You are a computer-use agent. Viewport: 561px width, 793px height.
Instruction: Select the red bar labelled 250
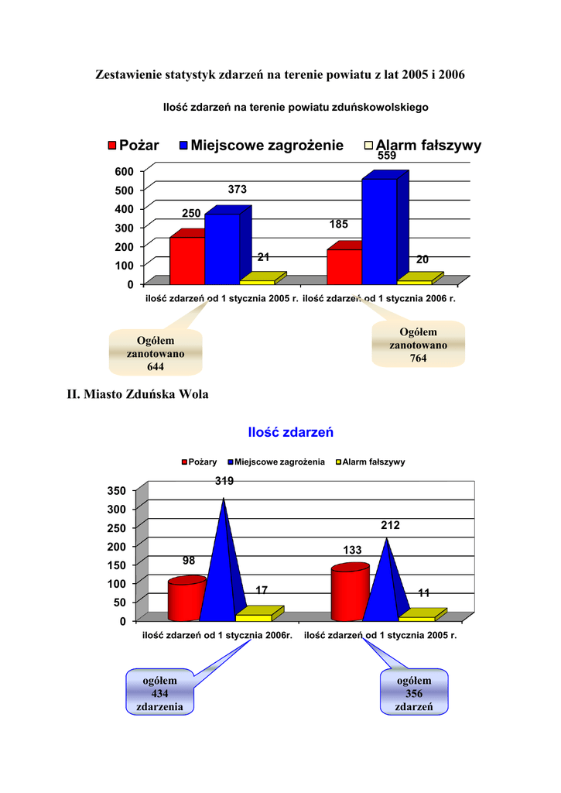tap(186, 260)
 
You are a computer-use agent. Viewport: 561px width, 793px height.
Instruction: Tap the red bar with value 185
tap(344, 266)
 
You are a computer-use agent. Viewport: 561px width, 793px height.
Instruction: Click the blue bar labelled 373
tap(222, 249)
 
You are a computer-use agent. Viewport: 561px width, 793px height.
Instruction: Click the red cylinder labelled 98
tap(185, 600)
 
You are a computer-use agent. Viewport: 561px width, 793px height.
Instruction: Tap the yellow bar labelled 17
tap(255, 617)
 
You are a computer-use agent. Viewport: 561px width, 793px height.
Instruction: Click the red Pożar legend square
tap(112, 146)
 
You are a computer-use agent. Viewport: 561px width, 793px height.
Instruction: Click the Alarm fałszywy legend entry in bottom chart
tap(370, 462)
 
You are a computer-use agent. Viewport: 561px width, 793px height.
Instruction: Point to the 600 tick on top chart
tap(123, 170)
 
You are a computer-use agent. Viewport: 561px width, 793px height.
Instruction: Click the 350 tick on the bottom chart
tap(115, 491)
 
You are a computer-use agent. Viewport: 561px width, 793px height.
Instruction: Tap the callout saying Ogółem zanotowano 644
tap(156, 353)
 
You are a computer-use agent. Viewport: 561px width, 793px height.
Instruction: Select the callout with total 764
tap(418, 345)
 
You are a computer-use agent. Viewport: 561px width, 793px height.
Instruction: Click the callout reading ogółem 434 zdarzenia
tap(159, 693)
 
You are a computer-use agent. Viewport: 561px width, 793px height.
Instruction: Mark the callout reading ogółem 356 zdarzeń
tap(414, 693)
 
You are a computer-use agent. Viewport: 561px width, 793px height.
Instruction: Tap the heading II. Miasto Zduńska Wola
tap(138, 394)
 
